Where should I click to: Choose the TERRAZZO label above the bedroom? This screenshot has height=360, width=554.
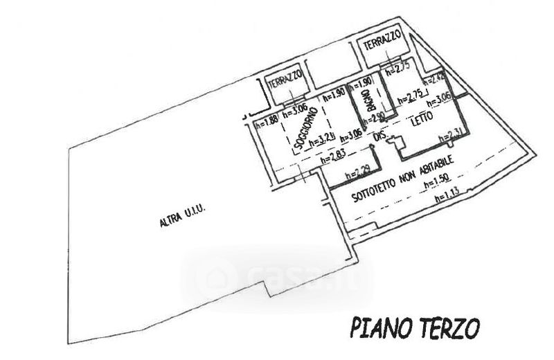click(x=382, y=44)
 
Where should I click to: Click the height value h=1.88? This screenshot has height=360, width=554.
click(x=266, y=125)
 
